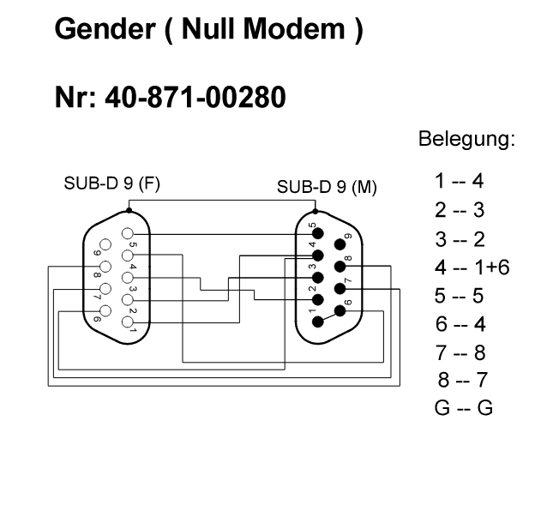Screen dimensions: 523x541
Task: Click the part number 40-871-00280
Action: pos(195,99)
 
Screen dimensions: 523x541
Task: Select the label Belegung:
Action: pos(466,139)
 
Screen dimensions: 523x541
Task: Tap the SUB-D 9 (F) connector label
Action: pos(111,184)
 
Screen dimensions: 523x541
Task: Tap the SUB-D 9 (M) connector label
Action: pos(328,187)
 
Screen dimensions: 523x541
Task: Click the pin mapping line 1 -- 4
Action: pos(460,181)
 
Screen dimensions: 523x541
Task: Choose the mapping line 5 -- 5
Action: pos(460,296)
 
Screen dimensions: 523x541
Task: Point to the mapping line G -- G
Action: pos(464,408)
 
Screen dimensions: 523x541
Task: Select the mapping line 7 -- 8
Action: pos(460,352)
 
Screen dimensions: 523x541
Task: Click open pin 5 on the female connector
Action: pos(128,233)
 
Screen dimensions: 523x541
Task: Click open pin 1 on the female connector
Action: pos(128,322)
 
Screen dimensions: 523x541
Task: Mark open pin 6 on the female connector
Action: pos(105,310)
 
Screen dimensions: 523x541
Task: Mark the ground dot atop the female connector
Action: pos(129,207)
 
